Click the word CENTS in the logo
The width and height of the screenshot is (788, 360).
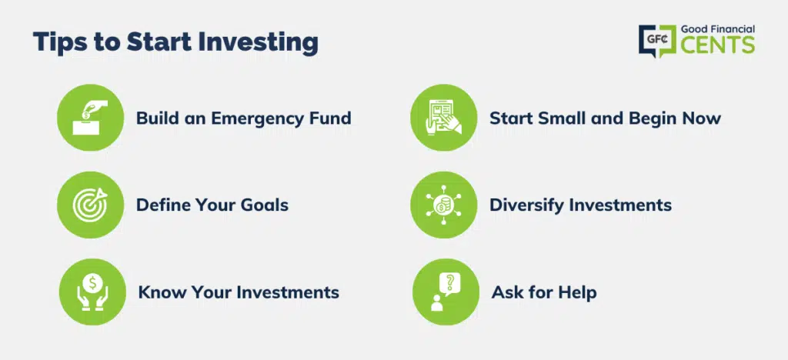(718, 45)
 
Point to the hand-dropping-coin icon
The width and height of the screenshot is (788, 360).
(91, 117)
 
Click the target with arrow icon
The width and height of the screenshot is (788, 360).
(91, 205)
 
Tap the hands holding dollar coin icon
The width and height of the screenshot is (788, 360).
(92, 292)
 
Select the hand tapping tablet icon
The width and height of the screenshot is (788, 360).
(444, 117)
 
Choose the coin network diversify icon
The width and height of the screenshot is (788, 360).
(444, 205)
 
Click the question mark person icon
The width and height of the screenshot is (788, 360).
(446, 292)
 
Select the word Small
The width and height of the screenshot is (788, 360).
(559, 118)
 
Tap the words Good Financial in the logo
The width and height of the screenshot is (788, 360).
(718, 30)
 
